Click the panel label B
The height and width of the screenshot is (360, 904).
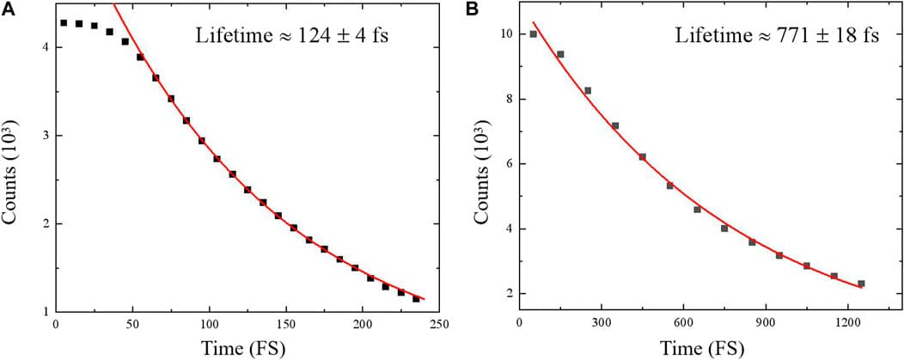(x=472, y=9)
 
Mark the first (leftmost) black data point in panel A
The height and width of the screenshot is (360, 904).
(x=64, y=23)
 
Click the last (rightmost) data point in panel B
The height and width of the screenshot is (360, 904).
(x=861, y=284)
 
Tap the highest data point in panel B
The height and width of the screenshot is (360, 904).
(x=533, y=34)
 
